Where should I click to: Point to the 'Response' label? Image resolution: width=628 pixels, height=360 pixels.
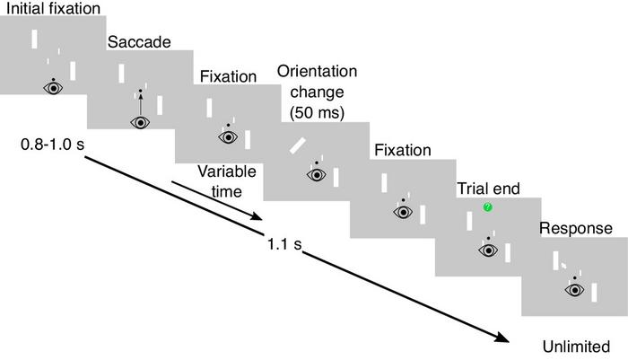click(576, 229)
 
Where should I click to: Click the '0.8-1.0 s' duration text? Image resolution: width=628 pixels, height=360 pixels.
click(50, 145)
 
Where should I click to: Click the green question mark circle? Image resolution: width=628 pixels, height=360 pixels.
click(487, 208)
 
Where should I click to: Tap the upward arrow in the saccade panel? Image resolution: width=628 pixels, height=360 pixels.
click(140, 106)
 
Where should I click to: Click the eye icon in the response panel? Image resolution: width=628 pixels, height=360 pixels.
click(574, 289)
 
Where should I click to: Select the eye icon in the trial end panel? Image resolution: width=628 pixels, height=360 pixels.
click(488, 250)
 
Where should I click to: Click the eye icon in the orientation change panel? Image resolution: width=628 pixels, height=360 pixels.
click(314, 174)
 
